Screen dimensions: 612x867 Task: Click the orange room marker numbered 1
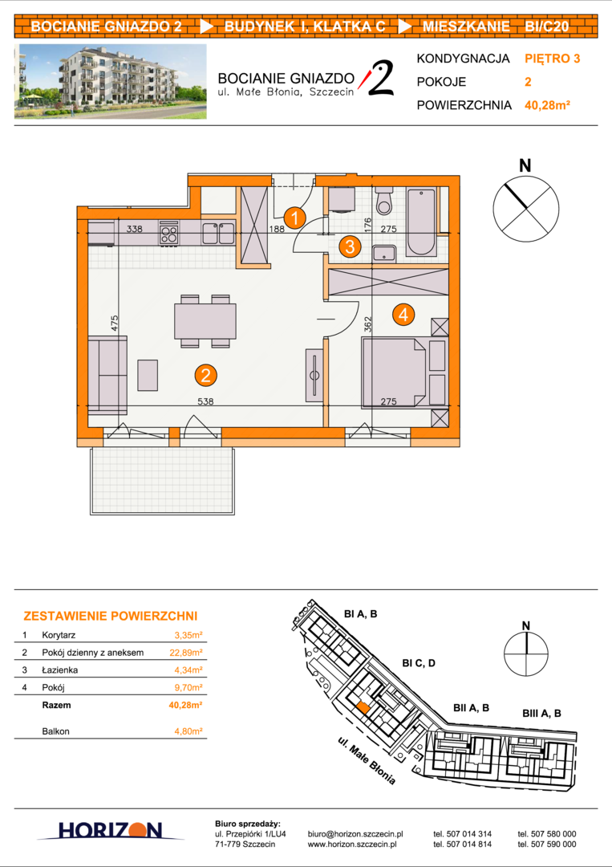[x=295, y=218]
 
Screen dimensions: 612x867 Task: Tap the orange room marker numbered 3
[x=350, y=246]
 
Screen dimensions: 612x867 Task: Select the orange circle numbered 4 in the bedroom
[x=403, y=315]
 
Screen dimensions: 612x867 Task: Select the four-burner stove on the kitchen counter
[x=169, y=234]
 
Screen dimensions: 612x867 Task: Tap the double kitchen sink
[x=218, y=234]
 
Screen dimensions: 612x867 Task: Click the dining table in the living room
[x=205, y=321]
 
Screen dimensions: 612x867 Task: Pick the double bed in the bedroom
[x=394, y=373]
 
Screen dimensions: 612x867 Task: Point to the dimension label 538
[x=205, y=401]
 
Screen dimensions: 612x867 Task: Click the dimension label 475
[x=115, y=324]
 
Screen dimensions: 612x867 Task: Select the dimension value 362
[x=369, y=324]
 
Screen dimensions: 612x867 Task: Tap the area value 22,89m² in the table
[x=186, y=653]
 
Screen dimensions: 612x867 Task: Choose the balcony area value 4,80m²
[x=188, y=731]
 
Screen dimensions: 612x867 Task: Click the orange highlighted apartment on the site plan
[x=363, y=707]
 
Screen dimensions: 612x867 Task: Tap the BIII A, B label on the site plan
[x=542, y=714]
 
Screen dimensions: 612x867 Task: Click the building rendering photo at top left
[x=111, y=81]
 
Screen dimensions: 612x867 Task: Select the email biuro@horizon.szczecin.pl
[x=355, y=834]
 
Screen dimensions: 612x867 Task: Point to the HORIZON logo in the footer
[x=110, y=830]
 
